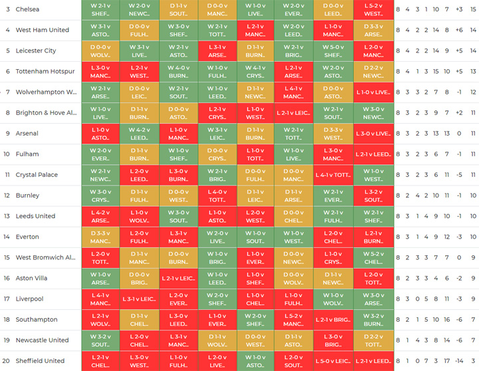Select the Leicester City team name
(36, 51)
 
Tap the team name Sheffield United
(40, 360)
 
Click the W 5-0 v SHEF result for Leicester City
(333, 51)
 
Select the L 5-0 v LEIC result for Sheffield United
(333, 360)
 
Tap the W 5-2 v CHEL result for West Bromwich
(373, 257)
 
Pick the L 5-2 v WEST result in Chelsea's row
(373, 9)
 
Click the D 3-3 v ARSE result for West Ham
(373, 30)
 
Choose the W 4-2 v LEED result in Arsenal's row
(139, 133)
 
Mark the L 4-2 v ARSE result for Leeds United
(100, 216)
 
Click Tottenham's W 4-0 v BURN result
(178, 71)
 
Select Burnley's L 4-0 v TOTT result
(217, 195)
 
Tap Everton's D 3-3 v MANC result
(100, 237)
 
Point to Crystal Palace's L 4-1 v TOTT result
(333, 175)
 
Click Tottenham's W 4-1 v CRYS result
(255, 71)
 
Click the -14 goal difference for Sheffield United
(459, 360)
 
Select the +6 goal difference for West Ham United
(459, 30)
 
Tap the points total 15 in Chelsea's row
(472, 9)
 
